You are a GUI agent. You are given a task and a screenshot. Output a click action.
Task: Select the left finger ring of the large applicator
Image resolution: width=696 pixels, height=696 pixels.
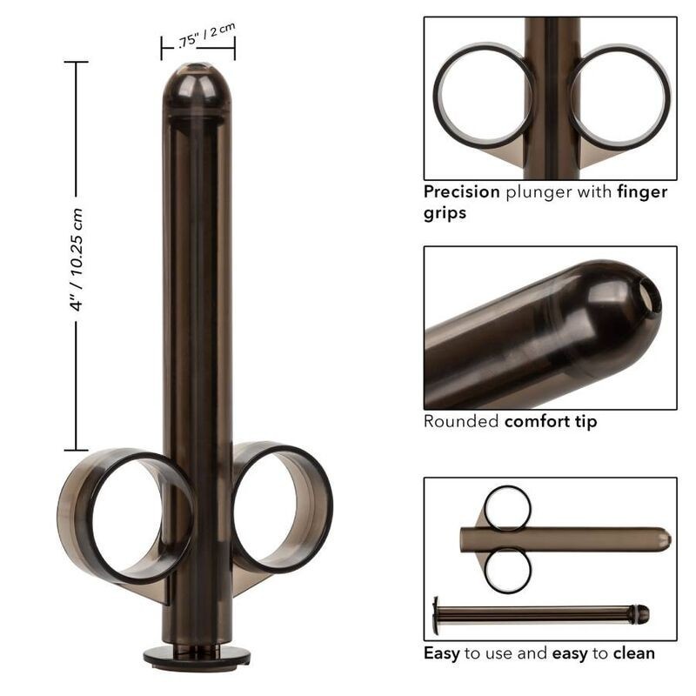[x=126, y=513]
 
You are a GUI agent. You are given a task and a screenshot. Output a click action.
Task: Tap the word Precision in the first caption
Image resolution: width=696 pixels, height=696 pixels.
[x=461, y=192]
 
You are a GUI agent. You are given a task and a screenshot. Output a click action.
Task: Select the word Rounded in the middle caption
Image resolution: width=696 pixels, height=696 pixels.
[x=462, y=422]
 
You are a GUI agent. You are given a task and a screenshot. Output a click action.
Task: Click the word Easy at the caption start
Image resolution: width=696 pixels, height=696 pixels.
[x=442, y=652]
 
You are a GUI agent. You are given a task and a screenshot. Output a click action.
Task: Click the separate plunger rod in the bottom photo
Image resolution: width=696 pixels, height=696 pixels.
[x=539, y=614]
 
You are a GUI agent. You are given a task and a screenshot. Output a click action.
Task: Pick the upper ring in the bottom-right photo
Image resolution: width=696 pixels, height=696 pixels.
[x=507, y=508]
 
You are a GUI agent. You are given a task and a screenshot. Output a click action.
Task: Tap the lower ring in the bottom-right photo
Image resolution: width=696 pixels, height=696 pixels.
[x=507, y=571]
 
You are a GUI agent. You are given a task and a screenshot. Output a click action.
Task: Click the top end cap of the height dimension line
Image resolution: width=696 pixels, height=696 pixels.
[x=76, y=63]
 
